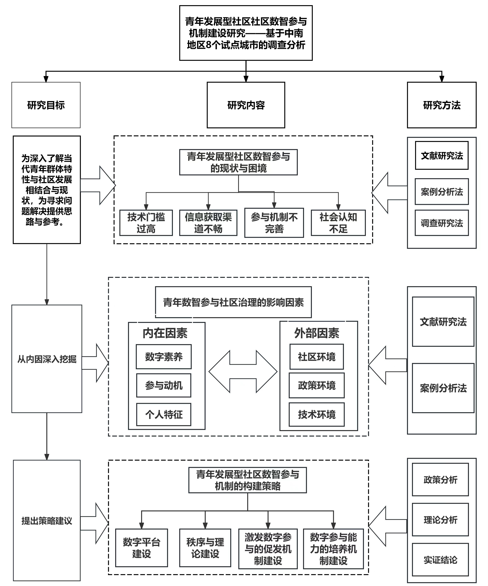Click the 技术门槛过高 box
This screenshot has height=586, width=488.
pyautogui.click(x=146, y=223)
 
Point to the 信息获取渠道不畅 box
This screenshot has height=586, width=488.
pyautogui.click(x=208, y=223)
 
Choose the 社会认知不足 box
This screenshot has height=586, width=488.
pyautogui.click(x=338, y=223)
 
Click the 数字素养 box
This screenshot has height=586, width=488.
pyautogui.click(x=164, y=357)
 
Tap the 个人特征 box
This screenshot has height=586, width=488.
pyautogui.click(x=164, y=414)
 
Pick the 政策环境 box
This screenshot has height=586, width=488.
pyautogui.click(x=317, y=385)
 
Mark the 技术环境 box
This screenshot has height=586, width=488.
pyautogui.click(x=317, y=414)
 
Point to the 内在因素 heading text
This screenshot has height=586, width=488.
pyautogui.click(x=165, y=333)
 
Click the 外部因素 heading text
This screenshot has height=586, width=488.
pyautogui.click(x=317, y=333)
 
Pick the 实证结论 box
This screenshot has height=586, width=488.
pyautogui.click(x=440, y=560)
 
